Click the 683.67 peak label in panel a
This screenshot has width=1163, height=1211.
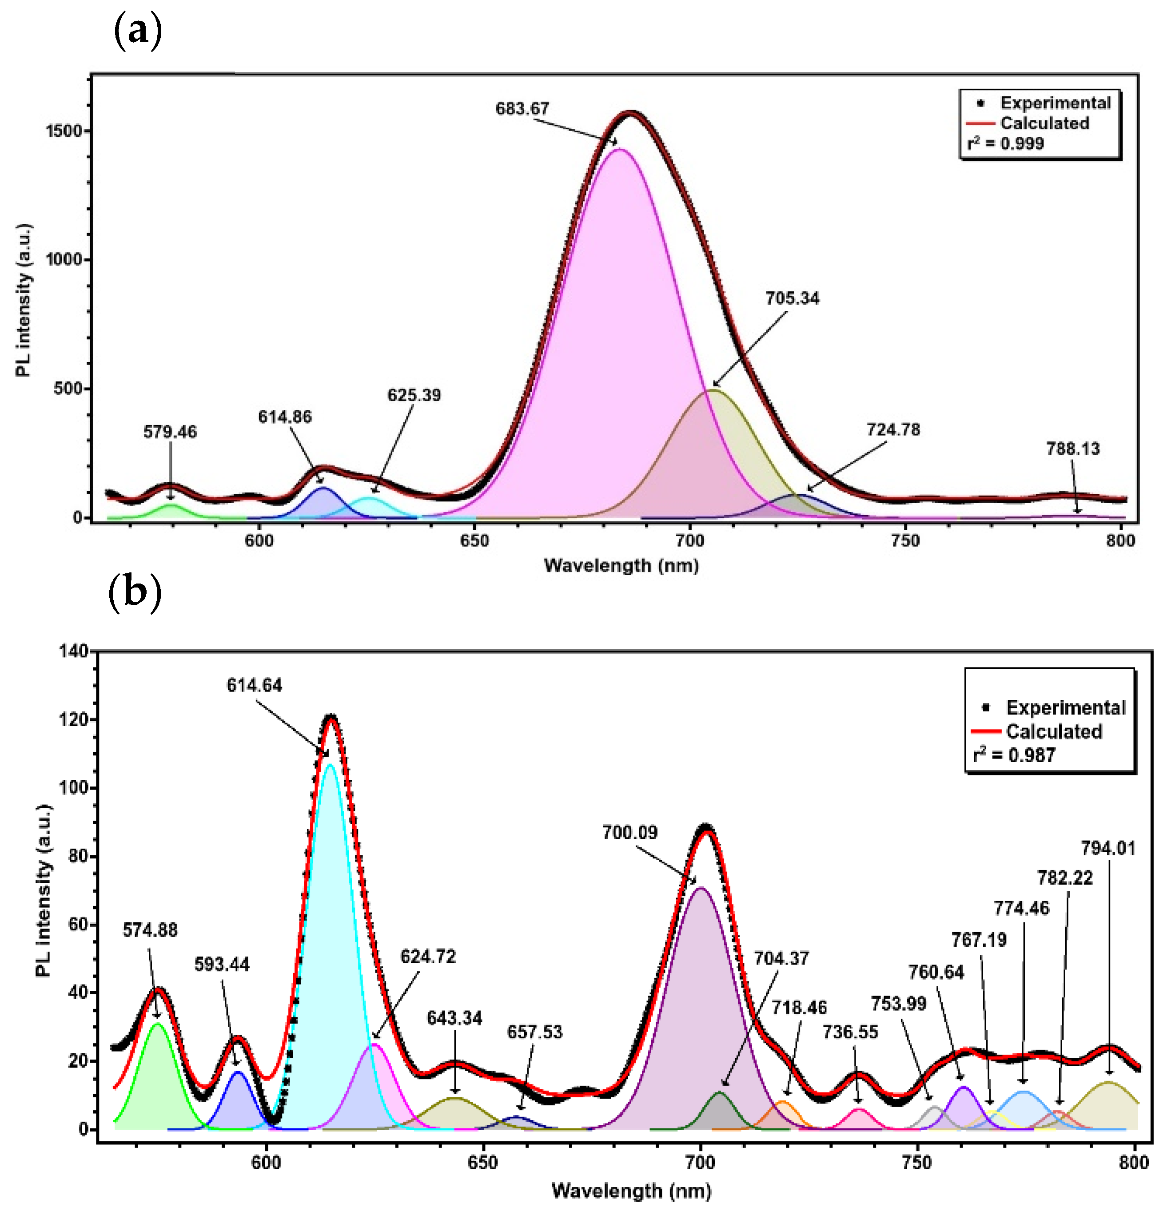click(522, 109)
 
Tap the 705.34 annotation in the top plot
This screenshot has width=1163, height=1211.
click(792, 298)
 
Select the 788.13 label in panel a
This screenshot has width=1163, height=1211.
click(1073, 449)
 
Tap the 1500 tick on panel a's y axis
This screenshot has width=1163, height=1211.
click(64, 131)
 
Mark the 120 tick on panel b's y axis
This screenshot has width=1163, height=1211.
click(73, 720)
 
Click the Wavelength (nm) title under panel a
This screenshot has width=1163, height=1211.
click(621, 565)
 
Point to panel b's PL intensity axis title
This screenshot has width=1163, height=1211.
click(43, 890)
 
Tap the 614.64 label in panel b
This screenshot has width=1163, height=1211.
click(254, 685)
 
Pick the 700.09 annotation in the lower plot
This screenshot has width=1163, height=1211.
click(630, 832)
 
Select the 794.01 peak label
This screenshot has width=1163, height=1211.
click(1108, 848)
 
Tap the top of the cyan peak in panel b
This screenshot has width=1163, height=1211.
click(331, 765)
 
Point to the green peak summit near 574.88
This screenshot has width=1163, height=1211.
click(158, 1024)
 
